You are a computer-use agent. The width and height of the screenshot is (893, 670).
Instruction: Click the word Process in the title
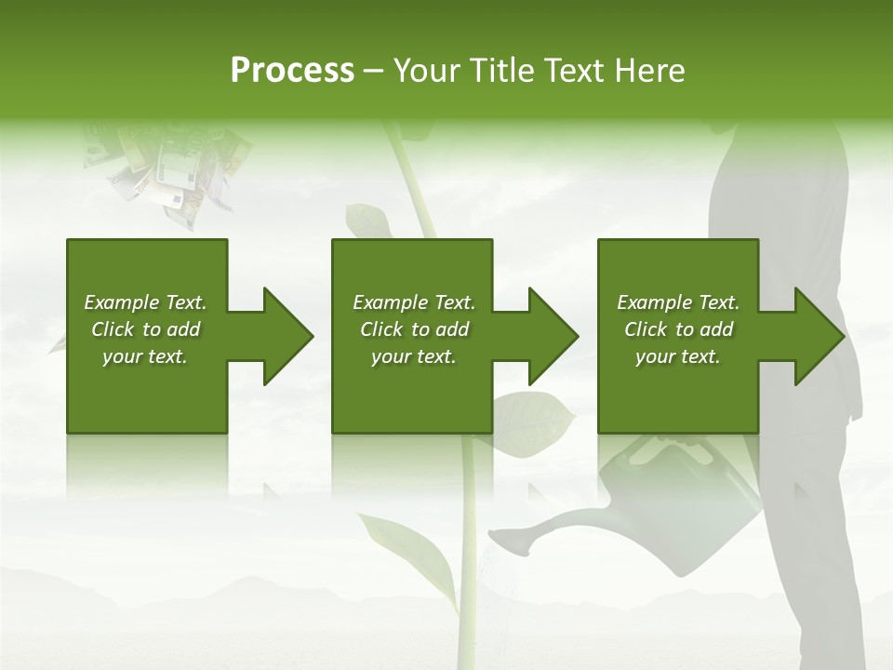(x=292, y=71)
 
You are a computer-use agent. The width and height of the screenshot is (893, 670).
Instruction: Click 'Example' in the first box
(x=122, y=302)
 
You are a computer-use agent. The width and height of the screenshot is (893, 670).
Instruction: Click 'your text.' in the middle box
(x=413, y=356)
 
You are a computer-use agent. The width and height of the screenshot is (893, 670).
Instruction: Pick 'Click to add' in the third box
(x=678, y=329)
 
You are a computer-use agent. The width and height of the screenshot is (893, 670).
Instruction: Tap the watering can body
(x=670, y=493)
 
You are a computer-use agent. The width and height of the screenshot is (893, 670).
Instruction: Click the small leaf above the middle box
(x=366, y=221)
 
